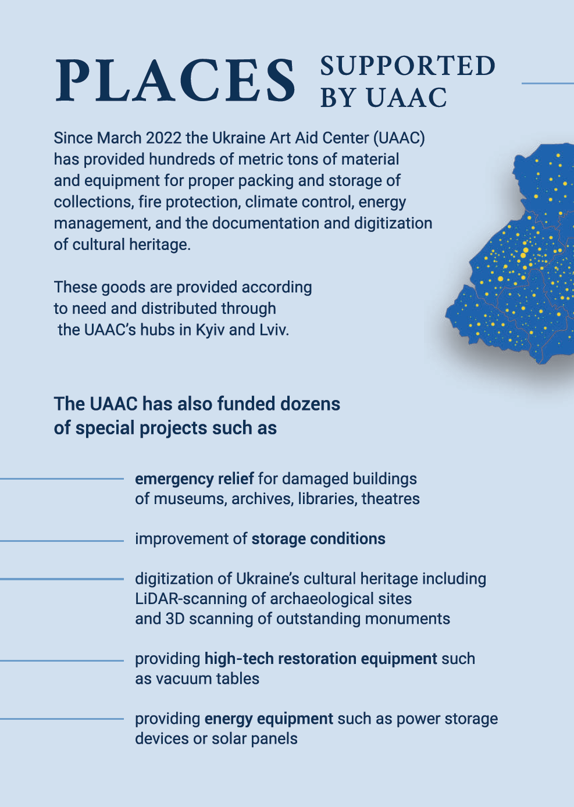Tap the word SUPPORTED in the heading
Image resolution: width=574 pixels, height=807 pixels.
(408, 66)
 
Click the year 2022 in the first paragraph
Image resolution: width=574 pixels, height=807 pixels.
(163, 138)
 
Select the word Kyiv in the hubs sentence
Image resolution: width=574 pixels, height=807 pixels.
(210, 330)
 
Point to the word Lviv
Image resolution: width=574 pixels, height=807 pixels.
(274, 330)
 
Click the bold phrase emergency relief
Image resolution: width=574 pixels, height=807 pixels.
(194, 479)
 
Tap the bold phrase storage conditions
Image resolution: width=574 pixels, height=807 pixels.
(318, 538)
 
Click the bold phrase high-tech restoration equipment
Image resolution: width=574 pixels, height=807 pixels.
(320, 658)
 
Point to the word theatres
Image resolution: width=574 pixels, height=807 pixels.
(390, 499)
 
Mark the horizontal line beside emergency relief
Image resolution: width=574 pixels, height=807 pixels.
(62, 479)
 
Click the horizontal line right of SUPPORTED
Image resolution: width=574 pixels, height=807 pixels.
(547, 83)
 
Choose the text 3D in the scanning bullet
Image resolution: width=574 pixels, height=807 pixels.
(174, 618)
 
